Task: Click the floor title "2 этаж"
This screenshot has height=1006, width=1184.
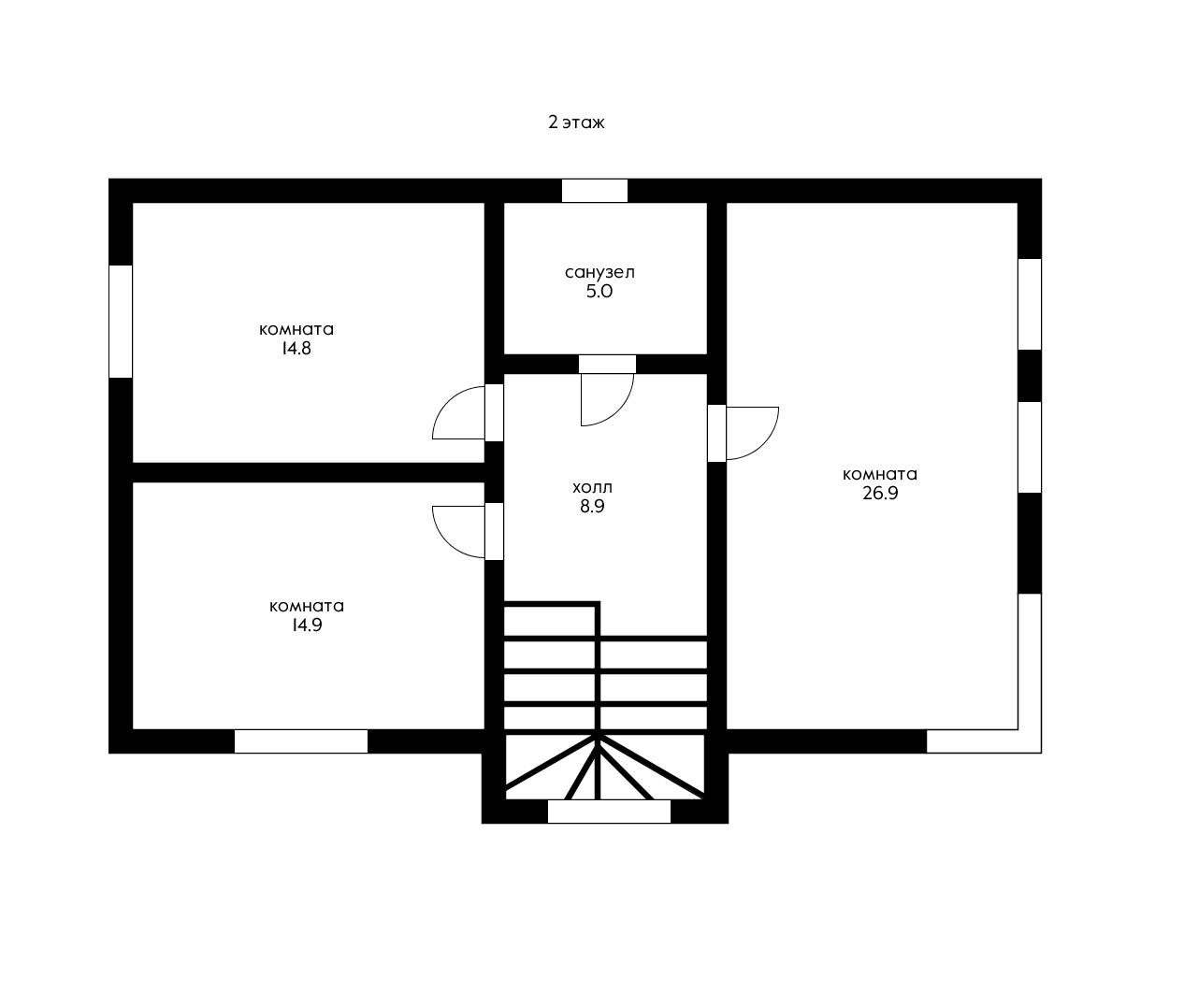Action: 576,122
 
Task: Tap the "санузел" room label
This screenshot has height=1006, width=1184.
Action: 599,273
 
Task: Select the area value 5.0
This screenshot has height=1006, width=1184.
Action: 599,292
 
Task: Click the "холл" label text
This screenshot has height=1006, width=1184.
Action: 592,488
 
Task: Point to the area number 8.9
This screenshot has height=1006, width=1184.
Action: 592,507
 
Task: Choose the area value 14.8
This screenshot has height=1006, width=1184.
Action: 296,349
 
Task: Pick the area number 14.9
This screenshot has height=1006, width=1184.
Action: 306,625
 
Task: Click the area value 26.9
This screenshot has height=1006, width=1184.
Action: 879,494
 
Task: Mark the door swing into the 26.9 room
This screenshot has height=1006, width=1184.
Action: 754,433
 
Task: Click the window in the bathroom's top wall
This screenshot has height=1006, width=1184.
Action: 595,191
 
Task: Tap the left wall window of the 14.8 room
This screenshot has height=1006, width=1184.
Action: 121,321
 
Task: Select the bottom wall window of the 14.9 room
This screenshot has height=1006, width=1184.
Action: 300,741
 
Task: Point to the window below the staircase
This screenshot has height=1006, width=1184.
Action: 609,812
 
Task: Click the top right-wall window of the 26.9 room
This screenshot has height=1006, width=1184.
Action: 1029,303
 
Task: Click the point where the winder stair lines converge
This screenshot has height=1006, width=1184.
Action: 597,737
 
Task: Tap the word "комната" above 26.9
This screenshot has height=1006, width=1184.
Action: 879,475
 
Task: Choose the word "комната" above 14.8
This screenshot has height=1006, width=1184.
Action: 296,330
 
